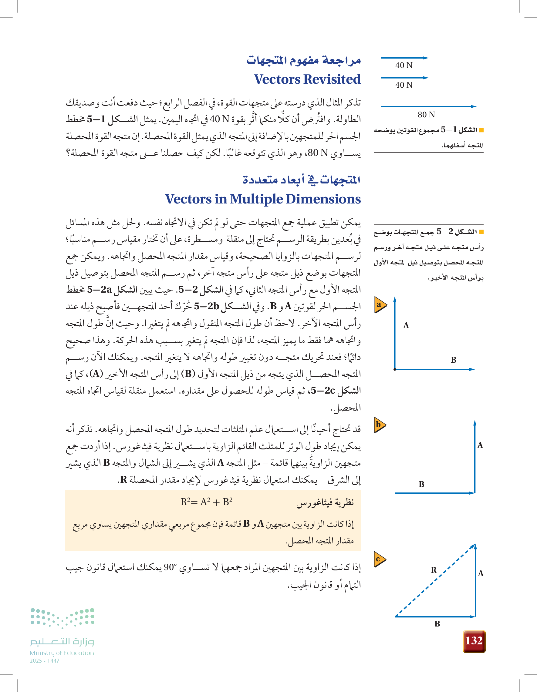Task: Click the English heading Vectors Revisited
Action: click(307, 79)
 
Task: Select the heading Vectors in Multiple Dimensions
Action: click(263, 199)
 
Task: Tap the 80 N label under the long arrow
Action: click(426, 115)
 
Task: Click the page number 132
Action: click(474, 641)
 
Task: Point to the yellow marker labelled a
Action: click(380, 304)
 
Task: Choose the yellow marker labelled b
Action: click(380, 425)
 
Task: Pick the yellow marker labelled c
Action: click(380, 559)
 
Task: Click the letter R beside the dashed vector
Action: click(434, 570)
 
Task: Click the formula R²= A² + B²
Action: click(206, 502)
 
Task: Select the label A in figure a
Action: click(406, 325)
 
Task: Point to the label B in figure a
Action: click(454, 360)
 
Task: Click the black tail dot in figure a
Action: click(395, 369)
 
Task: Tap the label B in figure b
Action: click(421, 484)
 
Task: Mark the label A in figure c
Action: click(481, 573)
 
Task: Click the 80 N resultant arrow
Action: click(428, 106)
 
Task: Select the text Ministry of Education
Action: click(62, 653)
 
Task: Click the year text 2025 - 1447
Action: click(44, 661)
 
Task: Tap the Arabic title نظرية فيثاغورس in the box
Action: click(325, 502)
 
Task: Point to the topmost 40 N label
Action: click(404, 65)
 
